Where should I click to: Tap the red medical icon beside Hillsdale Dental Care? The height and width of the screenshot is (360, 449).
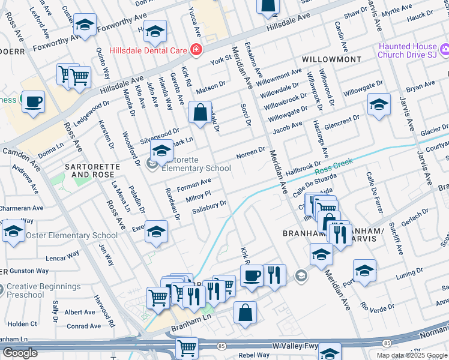195,49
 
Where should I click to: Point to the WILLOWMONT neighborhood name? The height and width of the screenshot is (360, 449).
332,60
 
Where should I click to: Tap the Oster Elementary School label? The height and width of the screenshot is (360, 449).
71,235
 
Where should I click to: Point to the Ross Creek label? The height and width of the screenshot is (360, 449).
331,172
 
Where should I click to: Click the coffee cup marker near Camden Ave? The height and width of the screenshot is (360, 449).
34,101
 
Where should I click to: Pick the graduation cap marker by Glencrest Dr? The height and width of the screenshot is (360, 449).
379,104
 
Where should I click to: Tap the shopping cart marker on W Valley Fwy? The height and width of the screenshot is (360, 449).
187,347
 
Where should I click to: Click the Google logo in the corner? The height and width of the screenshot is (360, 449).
19,353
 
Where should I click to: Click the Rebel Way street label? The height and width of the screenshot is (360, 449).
254,355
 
